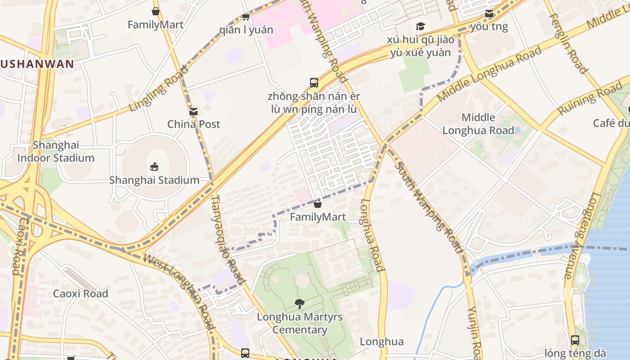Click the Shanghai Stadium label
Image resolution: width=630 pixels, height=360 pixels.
154,180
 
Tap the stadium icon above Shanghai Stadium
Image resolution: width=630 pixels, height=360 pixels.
154,167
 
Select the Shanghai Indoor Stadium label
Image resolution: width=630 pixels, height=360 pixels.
56,152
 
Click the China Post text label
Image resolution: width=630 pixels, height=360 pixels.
193,124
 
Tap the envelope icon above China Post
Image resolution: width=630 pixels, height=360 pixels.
193,112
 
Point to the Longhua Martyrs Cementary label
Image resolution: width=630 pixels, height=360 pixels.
300,323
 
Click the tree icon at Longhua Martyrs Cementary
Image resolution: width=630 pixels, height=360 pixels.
299,304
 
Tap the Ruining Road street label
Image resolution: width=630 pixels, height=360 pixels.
590,99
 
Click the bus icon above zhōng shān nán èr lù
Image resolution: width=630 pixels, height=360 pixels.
314,83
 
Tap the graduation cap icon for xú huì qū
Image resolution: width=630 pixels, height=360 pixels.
420,27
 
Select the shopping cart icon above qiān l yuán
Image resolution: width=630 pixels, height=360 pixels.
246,17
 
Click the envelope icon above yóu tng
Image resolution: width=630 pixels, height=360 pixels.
489,13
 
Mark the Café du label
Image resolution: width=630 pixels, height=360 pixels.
611,123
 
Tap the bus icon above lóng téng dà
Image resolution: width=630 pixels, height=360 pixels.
575,340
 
